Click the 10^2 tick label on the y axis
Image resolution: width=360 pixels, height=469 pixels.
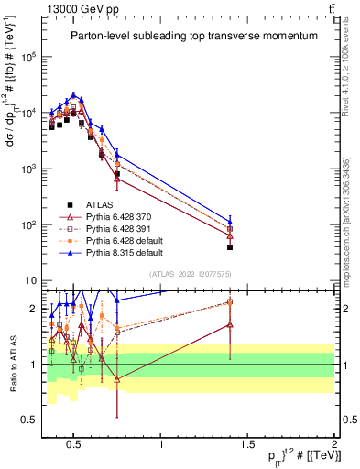pyautogui.click(x=27, y=224)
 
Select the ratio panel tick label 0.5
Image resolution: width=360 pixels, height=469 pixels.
pyautogui.click(x=28, y=420)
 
